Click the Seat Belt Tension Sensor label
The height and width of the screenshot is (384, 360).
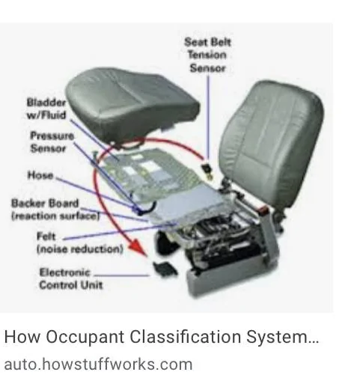(x=207, y=55)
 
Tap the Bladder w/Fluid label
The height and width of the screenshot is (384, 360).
(x=46, y=109)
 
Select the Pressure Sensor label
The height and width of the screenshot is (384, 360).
(x=52, y=141)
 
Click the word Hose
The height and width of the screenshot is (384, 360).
(x=40, y=175)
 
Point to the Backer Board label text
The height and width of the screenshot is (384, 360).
(x=55, y=210)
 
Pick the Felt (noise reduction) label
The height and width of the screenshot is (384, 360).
(x=80, y=243)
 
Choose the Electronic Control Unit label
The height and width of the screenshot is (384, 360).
(x=71, y=278)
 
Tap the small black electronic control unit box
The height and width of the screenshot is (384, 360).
(x=165, y=269)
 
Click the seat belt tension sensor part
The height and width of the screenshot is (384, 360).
(x=207, y=171)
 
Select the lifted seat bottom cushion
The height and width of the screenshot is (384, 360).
(x=132, y=106)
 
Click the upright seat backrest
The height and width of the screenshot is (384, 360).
(x=272, y=142)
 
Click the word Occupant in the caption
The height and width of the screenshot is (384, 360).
(x=85, y=337)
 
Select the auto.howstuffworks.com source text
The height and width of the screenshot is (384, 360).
(x=98, y=365)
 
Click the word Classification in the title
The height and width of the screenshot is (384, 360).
(x=185, y=336)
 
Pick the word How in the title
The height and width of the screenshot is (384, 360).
(x=22, y=337)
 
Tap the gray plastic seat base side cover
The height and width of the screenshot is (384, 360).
(x=232, y=277)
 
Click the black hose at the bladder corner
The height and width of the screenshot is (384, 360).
(x=147, y=209)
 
